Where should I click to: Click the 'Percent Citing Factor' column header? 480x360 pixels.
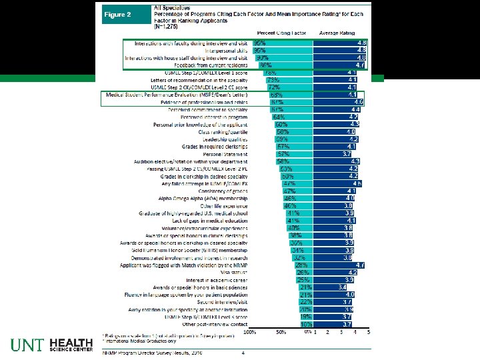tap(281, 32)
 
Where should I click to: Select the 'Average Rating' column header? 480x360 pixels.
tap(340, 32)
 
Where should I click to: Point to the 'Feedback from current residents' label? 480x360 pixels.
tap(207, 65)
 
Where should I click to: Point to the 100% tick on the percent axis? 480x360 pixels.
tap(249, 331)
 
